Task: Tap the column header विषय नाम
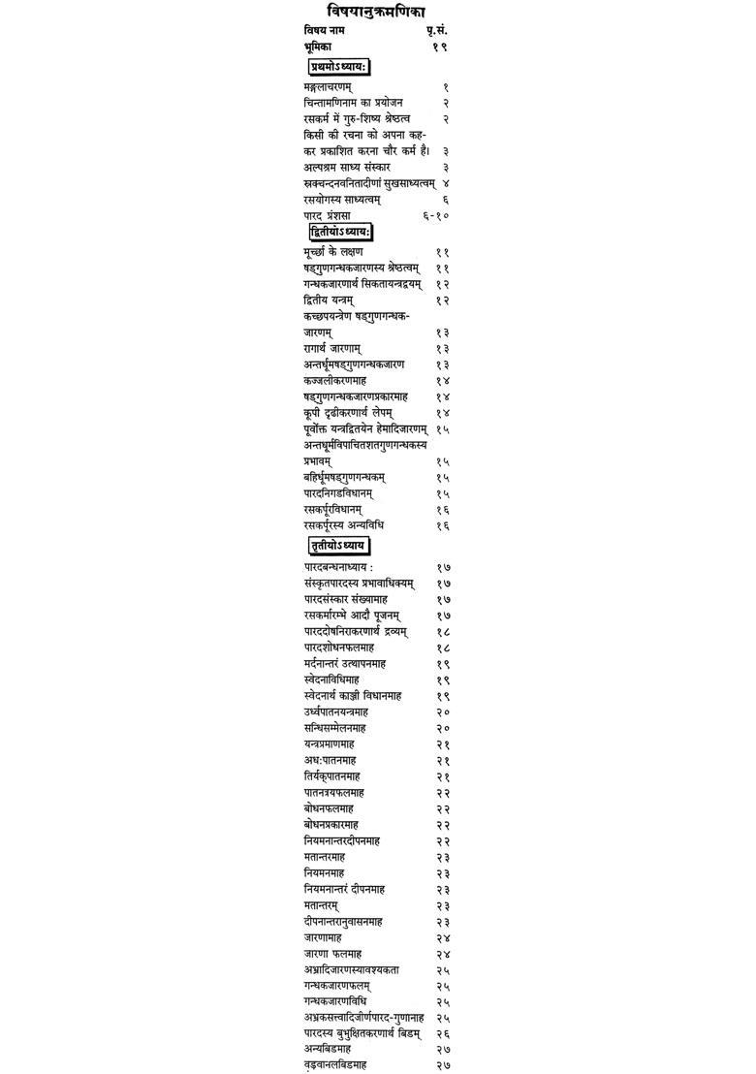pos(324,30)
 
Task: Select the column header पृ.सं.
pos(437,30)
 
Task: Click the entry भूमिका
pos(320,47)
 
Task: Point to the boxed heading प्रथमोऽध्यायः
pos(339,67)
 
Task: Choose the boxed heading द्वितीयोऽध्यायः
pos(340,233)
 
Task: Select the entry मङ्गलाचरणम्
pos(328,87)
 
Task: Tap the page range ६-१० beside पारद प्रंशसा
pos(436,215)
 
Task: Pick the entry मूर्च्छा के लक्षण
pos(334,252)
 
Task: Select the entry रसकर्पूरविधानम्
pos(332,510)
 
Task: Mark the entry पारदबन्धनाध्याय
pos(338,567)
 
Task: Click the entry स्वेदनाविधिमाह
pos(331,679)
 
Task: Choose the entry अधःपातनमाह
pos(328,761)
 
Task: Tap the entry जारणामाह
pos(323,938)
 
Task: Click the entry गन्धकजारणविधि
pos(334,1001)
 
